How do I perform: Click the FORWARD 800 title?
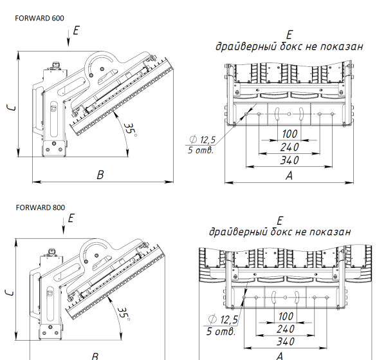pos(40,207)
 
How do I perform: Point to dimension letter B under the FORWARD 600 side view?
pos(100,175)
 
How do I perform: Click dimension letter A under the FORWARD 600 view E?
pos(288,175)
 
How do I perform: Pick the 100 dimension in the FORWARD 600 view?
pos(289,134)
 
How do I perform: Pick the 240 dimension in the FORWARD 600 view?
pos(289,147)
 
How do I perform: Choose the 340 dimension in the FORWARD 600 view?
pos(289,160)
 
